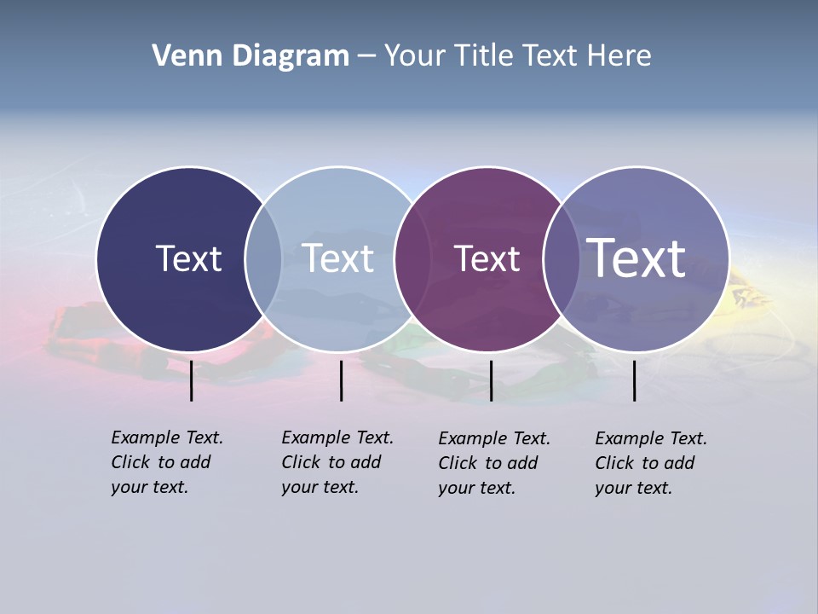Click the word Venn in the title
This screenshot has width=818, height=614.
(181, 56)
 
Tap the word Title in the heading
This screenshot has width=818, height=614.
(483, 56)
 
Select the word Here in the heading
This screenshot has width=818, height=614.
(619, 56)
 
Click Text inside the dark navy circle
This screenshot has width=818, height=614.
(188, 258)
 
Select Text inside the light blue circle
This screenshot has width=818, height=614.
(338, 258)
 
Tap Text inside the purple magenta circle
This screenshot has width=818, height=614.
(487, 258)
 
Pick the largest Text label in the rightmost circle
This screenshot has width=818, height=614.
(637, 258)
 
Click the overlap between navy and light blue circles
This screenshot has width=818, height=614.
(263, 259)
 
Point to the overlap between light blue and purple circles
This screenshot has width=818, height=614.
(412, 259)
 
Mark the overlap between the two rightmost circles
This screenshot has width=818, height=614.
(562, 259)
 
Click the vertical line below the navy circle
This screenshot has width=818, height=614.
(192, 380)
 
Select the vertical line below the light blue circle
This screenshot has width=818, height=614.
(341, 380)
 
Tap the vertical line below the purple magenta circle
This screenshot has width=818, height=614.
(491, 380)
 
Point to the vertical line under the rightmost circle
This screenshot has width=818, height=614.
(634, 380)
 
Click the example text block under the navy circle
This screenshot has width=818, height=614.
(166, 462)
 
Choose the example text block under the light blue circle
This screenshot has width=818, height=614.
(337, 462)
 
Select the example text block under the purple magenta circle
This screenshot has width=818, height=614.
(493, 463)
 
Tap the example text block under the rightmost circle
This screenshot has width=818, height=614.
(650, 463)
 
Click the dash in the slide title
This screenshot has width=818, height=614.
(366, 57)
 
